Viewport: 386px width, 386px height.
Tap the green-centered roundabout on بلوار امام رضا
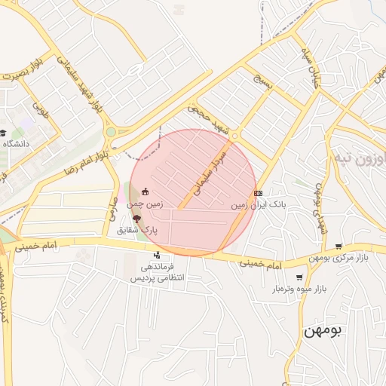pos(111,132)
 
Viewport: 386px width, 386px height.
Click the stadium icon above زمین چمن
pos(145,191)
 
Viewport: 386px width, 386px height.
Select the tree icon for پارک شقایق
pos(136,217)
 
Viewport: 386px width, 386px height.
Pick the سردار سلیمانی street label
pos(209,171)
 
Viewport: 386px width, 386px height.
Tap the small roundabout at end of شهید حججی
pos(235,136)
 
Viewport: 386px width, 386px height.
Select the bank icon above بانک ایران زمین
pos(259,193)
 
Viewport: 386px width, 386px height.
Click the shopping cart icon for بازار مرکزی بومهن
pos(339,246)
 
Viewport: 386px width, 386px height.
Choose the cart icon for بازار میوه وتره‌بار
pos(299,277)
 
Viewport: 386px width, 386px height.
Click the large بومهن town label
pos(323,332)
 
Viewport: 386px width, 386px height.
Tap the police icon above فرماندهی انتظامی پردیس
pos(158,256)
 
